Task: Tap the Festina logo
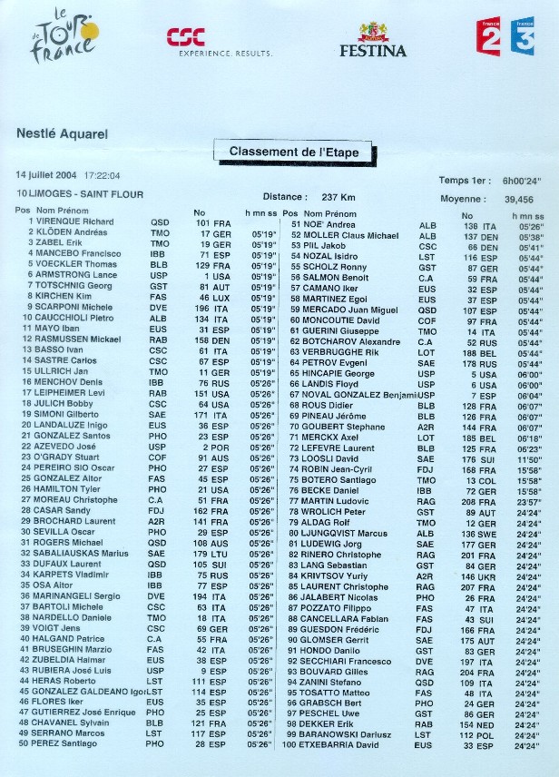tap(373, 41)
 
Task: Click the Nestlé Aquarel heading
tap(62, 133)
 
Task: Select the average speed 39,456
tap(518, 198)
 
